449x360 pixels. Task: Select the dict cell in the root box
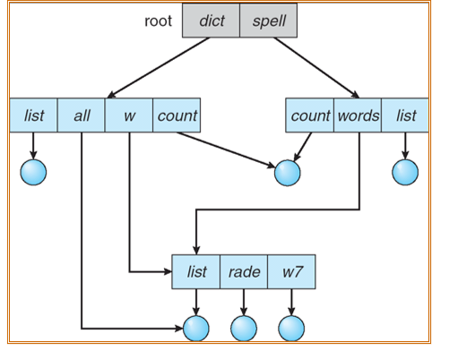pyautogui.click(x=212, y=21)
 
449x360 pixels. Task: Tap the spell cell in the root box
pyautogui.click(x=267, y=21)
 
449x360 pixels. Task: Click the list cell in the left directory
pyautogui.click(x=33, y=116)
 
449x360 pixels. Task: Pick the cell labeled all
pyautogui.click(x=81, y=116)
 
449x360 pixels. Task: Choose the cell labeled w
pyautogui.click(x=129, y=116)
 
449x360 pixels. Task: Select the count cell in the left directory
pyautogui.click(x=177, y=116)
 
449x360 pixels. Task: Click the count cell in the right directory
pyautogui.click(x=311, y=116)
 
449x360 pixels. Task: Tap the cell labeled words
pyautogui.click(x=358, y=116)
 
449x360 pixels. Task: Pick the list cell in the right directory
pyautogui.click(x=405, y=116)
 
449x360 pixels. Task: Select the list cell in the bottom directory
pyautogui.click(x=195, y=271)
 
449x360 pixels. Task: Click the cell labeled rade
pyautogui.click(x=244, y=271)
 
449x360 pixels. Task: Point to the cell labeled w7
pyautogui.click(x=291, y=271)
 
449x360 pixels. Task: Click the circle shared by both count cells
pyautogui.click(x=287, y=172)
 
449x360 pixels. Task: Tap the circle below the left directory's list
pyautogui.click(x=33, y=172)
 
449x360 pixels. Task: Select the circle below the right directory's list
pyautogui.click(x=405, y=172)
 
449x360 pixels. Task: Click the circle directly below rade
pyautogui.click(x=243, y=329)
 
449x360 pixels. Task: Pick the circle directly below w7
pyautogui.click(x=291, y=329)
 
